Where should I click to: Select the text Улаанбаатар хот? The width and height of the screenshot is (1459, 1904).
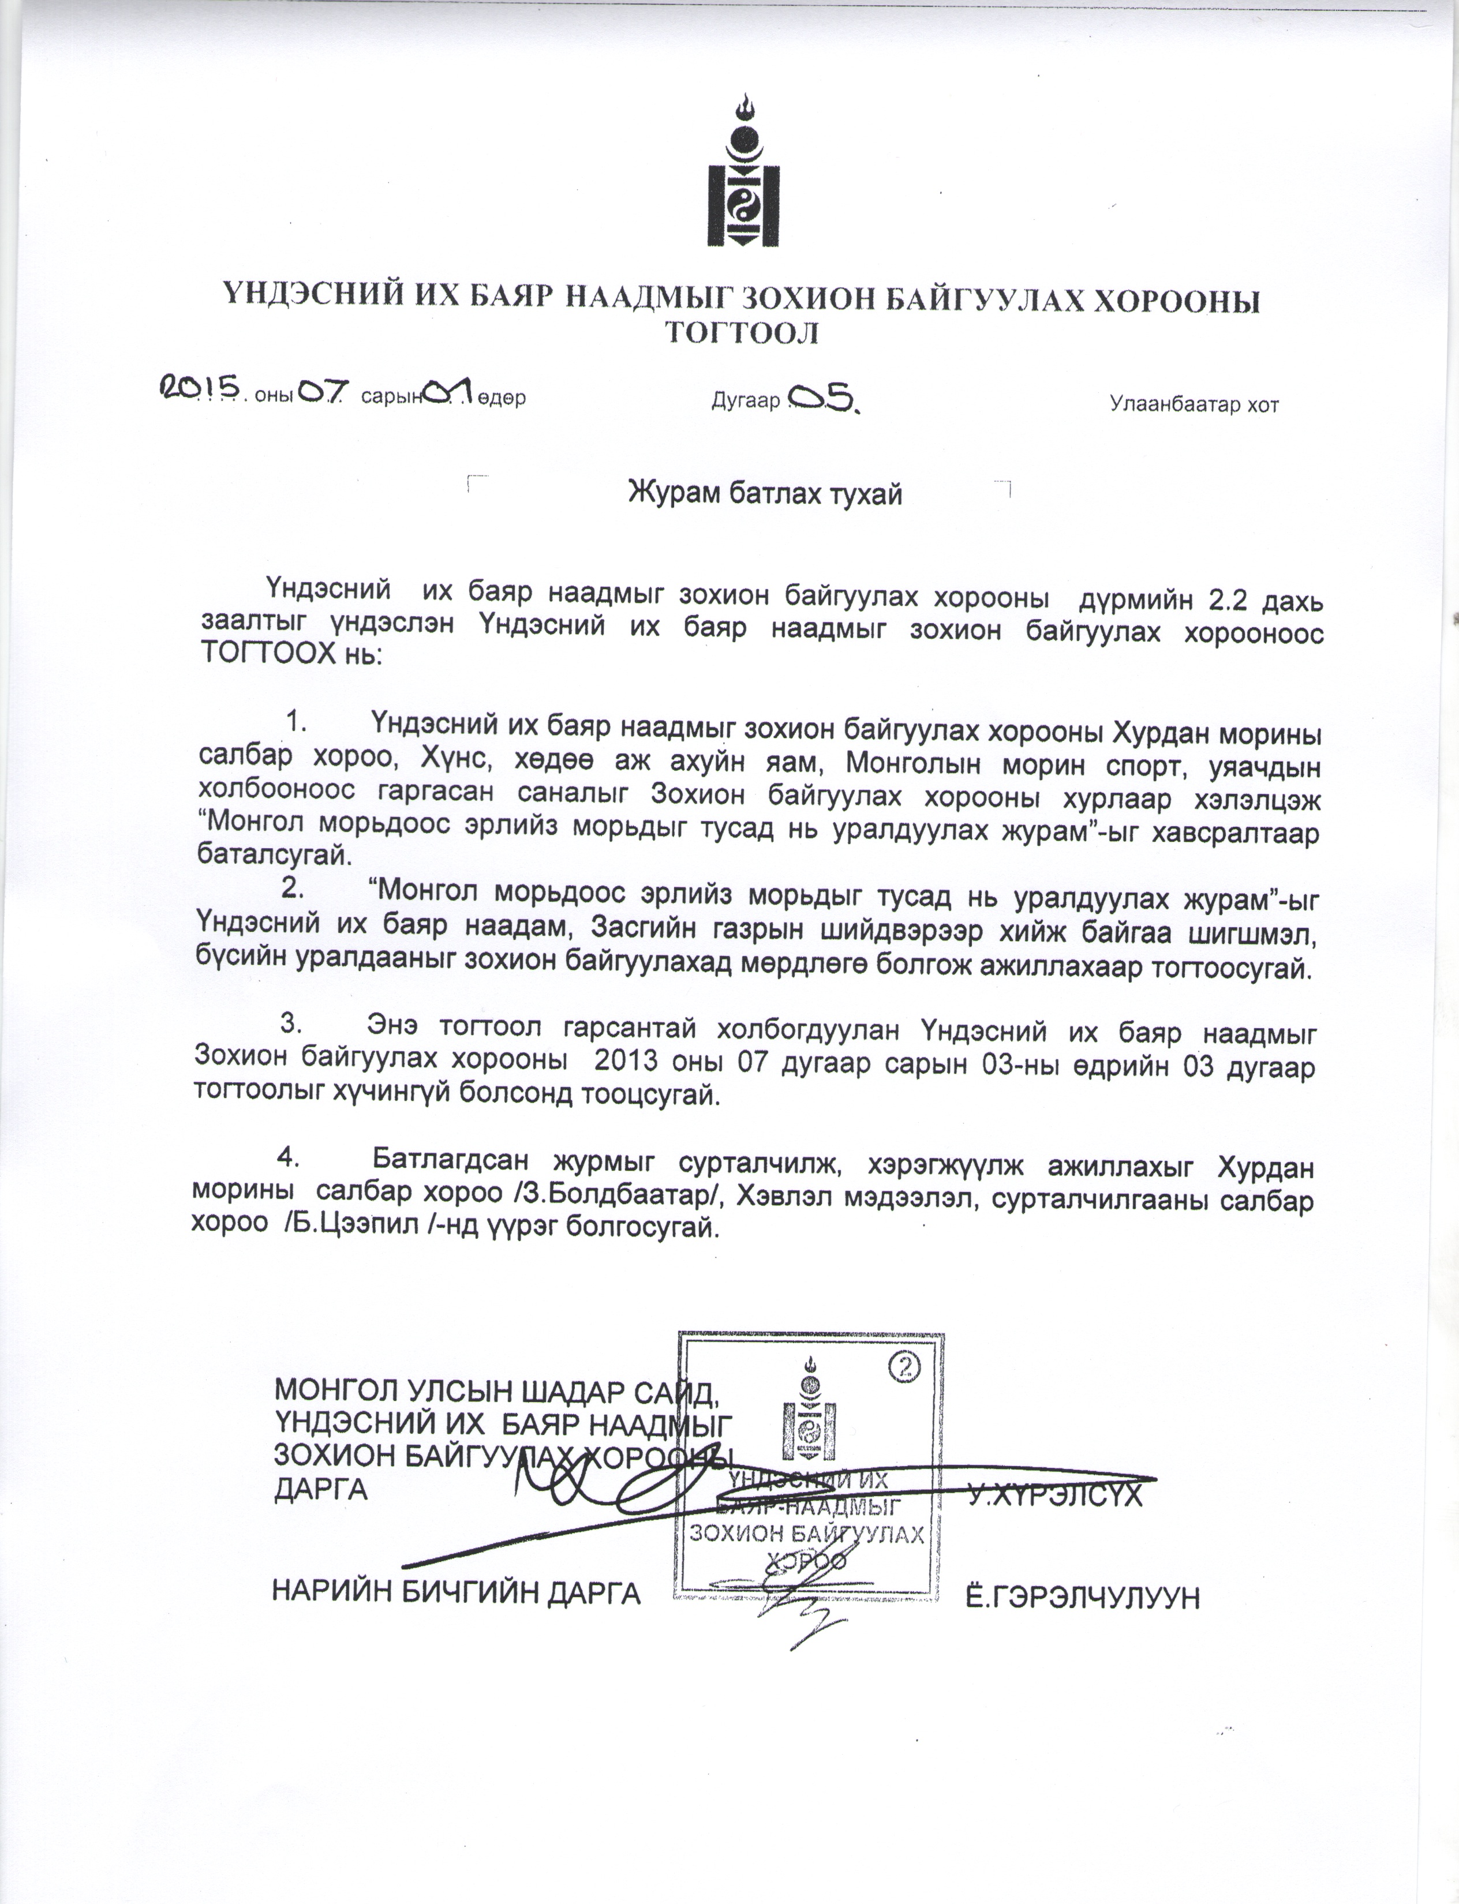coord(1194,404)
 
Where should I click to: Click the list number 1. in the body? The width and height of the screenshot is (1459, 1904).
coord(298,721)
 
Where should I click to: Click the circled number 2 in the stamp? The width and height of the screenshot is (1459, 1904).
coord(904,1367)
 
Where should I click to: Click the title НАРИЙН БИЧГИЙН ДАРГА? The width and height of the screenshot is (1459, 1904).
coord(457,1591)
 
